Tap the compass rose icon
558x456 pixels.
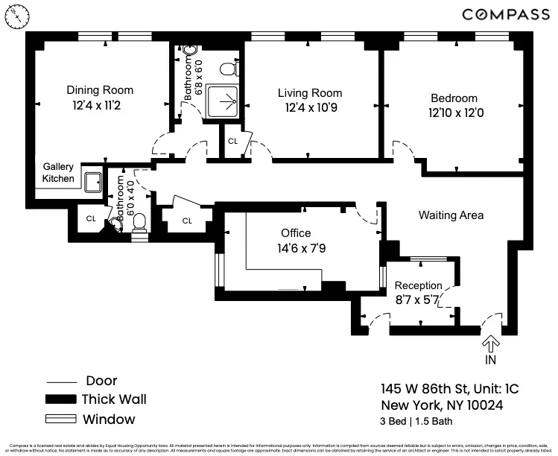click(x=17, y=16)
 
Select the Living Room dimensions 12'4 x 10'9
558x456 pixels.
click(x=310, y=107)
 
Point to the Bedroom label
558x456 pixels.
click(x=454, y=98)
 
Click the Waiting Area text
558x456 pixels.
click(x=451, y=215)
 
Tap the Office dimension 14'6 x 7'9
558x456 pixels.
click(x=296, y=248)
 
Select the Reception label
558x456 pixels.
click(x=418, y=286)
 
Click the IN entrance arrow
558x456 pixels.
click(x=490, y=343)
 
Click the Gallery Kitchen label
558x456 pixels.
click(x=58, y=172)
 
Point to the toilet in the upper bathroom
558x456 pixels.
click(x=229, y=69)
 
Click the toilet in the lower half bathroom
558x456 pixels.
click(x=139, y=232)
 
